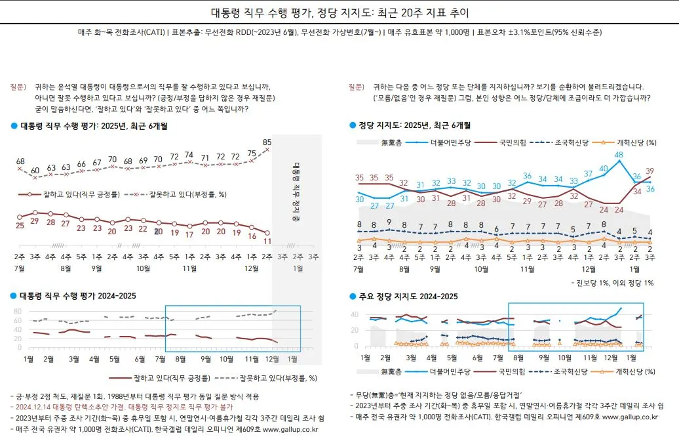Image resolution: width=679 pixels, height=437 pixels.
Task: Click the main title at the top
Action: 339,12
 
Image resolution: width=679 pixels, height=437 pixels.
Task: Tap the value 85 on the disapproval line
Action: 267,142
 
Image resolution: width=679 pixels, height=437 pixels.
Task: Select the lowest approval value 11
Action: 267,241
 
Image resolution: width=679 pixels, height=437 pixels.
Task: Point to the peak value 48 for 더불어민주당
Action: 618,156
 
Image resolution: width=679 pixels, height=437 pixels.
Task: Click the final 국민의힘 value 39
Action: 650,171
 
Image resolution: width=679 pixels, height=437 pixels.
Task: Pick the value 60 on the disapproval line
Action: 35,170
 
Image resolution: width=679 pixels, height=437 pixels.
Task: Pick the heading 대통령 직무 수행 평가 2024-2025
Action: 78,296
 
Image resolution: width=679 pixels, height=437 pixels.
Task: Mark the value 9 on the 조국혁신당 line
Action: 389,222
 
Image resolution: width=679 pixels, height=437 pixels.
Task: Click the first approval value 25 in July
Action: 20,225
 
